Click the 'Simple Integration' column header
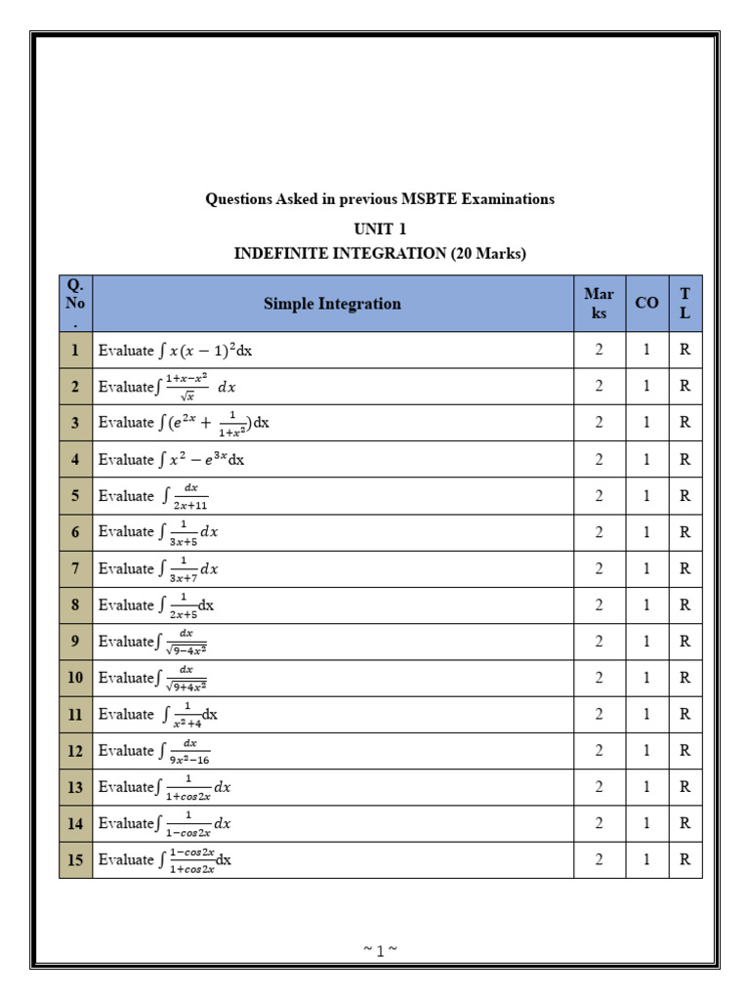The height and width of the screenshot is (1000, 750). (x=332, y=304)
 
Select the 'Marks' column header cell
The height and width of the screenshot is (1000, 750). (x=599, y=304)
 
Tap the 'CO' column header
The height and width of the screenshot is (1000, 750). (x=646, y=304)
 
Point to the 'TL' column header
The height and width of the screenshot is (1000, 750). (x=685, y=304)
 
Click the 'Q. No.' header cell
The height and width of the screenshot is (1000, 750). (x=75, y=304)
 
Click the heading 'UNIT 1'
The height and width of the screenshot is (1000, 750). (x=380, y=229)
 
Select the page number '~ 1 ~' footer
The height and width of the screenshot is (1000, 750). (x=379, y=950)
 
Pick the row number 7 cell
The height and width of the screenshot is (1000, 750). (x=75, y=568)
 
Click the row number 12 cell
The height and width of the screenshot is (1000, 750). (x=75, y=750)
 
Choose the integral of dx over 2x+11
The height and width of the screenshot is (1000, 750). (x=185, y=496)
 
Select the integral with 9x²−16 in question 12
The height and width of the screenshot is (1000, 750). (x=185, y=751)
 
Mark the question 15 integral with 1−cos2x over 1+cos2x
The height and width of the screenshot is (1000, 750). (x=195, y=860)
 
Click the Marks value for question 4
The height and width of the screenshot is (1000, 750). (x=599, y=459)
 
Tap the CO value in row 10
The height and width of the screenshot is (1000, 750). (x=646, y=678)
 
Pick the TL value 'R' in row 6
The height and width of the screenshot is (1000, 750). (x=685, y=532)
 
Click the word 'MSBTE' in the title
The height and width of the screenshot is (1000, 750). (x=430, y=199)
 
